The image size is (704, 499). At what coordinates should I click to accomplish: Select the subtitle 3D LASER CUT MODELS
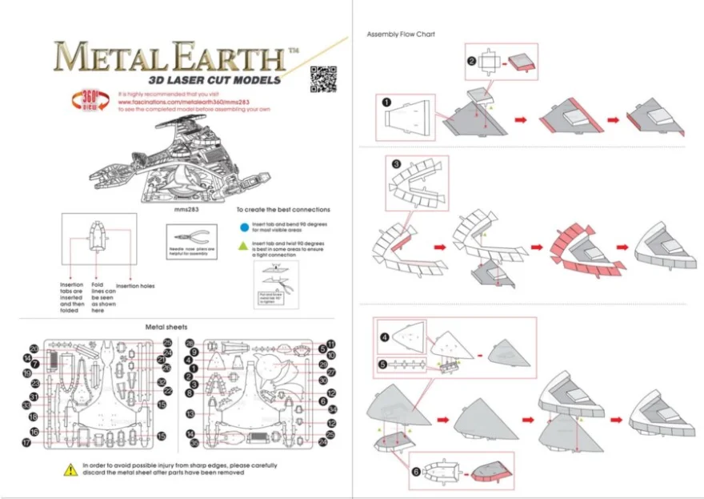click(x=214, y=80)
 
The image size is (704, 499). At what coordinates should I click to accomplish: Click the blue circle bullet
click(x=242, y=227)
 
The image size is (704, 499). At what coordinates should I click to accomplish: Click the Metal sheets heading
click(x=166, y=327)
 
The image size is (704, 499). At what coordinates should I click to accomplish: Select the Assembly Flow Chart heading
click(x=400, y=34)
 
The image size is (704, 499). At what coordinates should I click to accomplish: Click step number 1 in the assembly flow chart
click(x=386, y=103)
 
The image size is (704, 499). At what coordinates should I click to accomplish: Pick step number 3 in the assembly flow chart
click(x=397, y=163)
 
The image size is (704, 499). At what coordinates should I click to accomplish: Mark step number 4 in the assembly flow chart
click(x=385, y=337)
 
